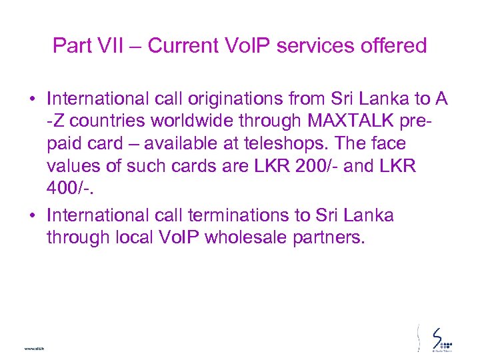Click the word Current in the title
coord(182,45)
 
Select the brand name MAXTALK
coord(341,122)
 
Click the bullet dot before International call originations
coord(32,100)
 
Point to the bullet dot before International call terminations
coord(32,216)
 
